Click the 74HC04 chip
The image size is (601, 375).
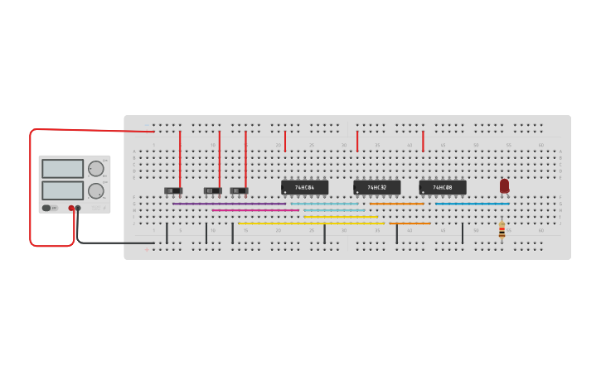click(x=304, y=187)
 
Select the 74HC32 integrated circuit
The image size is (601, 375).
click(x=377, y=187)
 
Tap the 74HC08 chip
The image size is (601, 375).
click(x=443, y=187)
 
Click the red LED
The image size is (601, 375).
click(x=504, y=185)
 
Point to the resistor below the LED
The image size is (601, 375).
click(x=502, y=230)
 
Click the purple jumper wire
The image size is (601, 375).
click(x=229, y=204)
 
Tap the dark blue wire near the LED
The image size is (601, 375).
click(x=473, y=204)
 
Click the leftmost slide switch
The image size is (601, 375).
click(x=173, y=190)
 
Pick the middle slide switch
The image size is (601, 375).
click(x=213, y=190)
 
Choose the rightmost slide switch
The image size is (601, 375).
click(x=239, y=190)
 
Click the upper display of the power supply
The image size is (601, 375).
click(x=62, y=169)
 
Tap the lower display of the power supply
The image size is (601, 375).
click(x=62, y=190)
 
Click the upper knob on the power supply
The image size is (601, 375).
click(x=96, y=169)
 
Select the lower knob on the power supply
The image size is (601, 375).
click(x=96, y=190)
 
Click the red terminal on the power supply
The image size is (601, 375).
click(x=71, y=209)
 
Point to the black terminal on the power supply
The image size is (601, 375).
click(x=78, y=209)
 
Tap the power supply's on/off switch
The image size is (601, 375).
click(x=46, y=208)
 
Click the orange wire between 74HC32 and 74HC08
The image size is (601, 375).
click(x=396, y=204)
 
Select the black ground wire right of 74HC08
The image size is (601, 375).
click(x=463, y=233)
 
